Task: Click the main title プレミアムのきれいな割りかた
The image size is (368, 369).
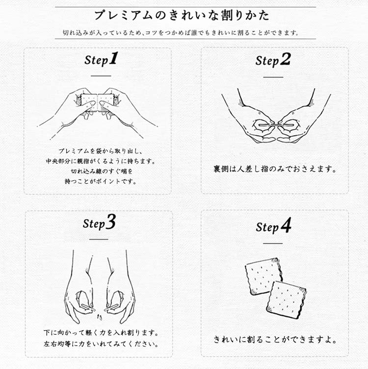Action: [182, 16]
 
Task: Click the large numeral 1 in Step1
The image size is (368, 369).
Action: [113, 58]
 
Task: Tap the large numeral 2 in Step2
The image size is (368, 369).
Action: [286, 59]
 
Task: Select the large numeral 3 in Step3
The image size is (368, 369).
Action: [111, 221]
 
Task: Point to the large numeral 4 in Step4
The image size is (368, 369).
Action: [286, 225]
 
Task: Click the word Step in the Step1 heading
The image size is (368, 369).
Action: [96, 60]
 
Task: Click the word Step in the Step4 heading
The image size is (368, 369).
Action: [267, 227]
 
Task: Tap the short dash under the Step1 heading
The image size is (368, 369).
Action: [101, 76]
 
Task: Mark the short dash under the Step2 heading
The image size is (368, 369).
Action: [273, 77]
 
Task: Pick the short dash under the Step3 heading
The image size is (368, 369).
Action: [99, 239]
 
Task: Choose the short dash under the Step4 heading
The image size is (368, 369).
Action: [273, 244]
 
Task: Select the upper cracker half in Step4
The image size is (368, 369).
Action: [263, 275]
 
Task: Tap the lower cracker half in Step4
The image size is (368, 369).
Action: [287, 299]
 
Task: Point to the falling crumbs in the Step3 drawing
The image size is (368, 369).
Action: [100, 317]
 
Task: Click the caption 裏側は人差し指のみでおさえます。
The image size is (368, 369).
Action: [275, 169]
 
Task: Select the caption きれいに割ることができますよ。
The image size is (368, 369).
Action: [275, 339]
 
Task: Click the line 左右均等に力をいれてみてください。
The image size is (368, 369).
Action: [101, 344]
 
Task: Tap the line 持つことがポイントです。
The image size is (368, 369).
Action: [101, 181]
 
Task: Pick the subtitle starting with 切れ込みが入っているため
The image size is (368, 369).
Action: [181, 32]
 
